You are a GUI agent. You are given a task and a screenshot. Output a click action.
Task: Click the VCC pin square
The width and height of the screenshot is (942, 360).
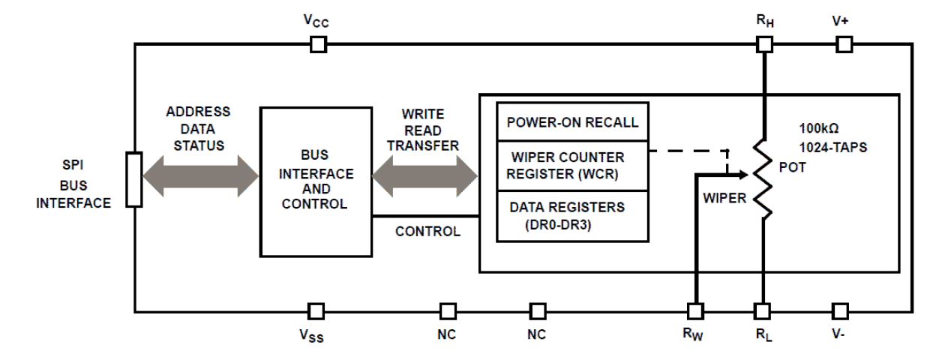(318, 45)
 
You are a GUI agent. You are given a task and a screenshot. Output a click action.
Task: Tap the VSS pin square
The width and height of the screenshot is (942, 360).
(316, 310)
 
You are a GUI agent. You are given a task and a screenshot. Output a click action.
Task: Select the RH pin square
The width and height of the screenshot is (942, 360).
(763, 45)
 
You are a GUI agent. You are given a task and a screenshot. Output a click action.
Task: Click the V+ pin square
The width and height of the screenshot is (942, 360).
(844, 45)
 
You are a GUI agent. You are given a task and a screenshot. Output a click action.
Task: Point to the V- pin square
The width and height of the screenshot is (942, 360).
(840, 310)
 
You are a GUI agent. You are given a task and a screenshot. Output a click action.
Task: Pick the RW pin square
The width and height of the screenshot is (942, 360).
(696, 310)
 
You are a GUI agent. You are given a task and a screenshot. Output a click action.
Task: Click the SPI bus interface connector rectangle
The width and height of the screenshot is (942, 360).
(134, 179)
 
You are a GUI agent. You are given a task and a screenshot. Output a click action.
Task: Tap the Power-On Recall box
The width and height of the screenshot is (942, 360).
(573, 122)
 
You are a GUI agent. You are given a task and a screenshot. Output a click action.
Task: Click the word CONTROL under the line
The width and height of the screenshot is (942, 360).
(427, 232)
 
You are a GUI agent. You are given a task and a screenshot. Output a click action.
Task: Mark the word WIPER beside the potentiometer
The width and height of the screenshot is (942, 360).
(724, 200)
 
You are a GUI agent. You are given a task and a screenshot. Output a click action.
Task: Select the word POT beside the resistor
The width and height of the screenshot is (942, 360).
(793, 169)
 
